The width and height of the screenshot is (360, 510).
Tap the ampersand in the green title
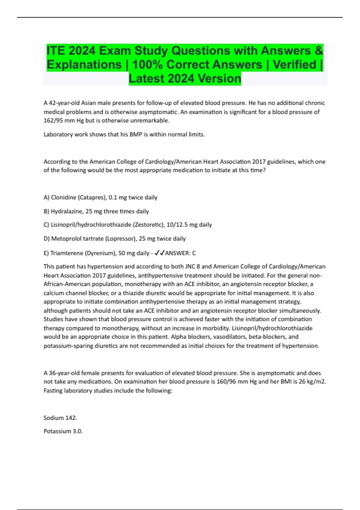tap(319, 50)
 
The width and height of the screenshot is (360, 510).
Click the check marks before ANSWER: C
tap(159, 253)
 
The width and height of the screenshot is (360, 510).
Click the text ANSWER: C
tap(180, 253)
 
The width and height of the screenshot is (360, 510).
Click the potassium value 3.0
tap(77, 431)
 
